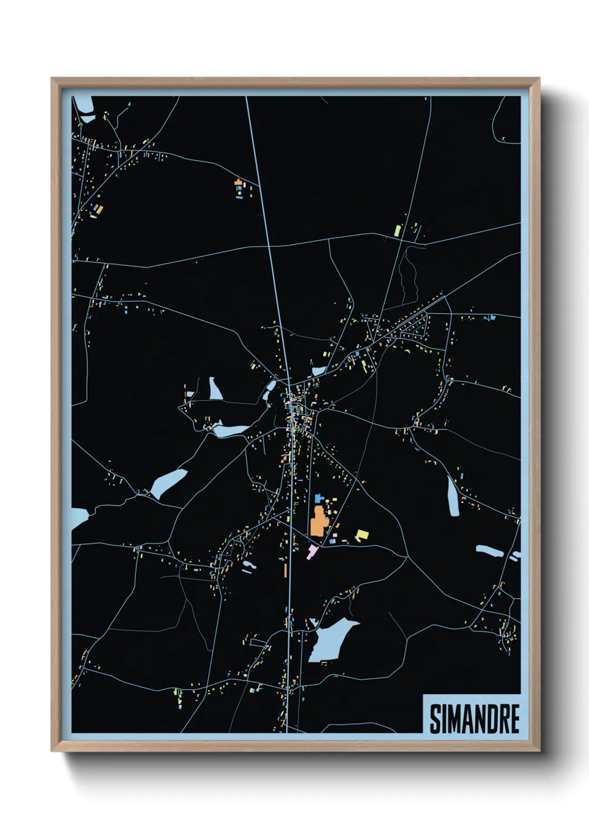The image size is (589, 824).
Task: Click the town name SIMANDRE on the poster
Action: pos(474,719)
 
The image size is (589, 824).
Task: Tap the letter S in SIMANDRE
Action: pos(435,719)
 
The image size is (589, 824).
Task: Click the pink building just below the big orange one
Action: pos(312,551)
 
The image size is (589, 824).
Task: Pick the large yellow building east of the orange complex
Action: pos(362,534)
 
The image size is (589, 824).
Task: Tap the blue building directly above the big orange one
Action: pos(319,498)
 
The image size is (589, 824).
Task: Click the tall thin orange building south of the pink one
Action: pos(286,570)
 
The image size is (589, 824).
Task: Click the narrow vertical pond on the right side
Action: pos(453,496)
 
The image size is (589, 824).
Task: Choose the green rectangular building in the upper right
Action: pos(397,230)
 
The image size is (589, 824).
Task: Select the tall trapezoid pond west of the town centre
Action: pos(215,389)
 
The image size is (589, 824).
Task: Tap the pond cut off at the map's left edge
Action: pos(78,518)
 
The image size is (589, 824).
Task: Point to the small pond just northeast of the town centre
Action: pos(318,370)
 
